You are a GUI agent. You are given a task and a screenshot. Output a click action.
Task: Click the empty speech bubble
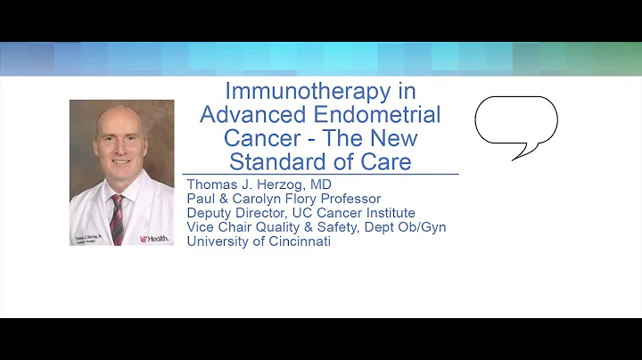point(515,121)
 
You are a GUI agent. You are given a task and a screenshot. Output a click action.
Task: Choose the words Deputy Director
point(236,213)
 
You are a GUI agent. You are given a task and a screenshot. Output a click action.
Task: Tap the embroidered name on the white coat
point(88,234)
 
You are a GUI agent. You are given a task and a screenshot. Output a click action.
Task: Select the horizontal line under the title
point(320,174)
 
